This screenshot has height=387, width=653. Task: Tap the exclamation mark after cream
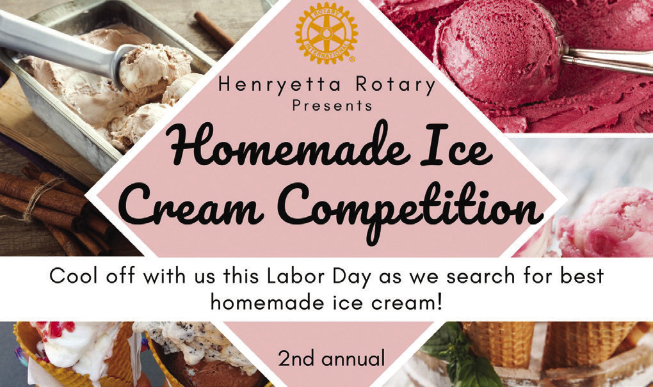pyautogui.click(x=439, y=301)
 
